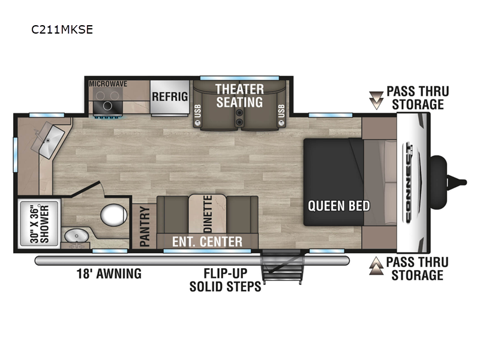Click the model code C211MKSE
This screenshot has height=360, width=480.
62,29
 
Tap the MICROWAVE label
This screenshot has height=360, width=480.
108,84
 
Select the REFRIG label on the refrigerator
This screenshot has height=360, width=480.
170,97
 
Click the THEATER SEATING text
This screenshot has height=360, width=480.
239,95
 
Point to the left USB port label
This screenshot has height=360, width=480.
198,111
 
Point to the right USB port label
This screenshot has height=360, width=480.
281,111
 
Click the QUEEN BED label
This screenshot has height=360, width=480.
339,206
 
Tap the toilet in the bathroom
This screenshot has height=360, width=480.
113,215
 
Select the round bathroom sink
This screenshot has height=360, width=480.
77,236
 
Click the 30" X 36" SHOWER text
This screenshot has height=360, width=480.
40,224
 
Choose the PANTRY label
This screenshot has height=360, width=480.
145,227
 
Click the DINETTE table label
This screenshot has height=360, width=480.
208,214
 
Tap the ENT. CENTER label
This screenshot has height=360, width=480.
207,242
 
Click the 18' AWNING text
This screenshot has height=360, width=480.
109,274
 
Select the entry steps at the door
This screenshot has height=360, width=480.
282,267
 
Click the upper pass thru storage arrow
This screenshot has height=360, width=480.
376,100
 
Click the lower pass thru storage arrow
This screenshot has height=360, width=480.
376,266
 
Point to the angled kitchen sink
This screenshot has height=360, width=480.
49,140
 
